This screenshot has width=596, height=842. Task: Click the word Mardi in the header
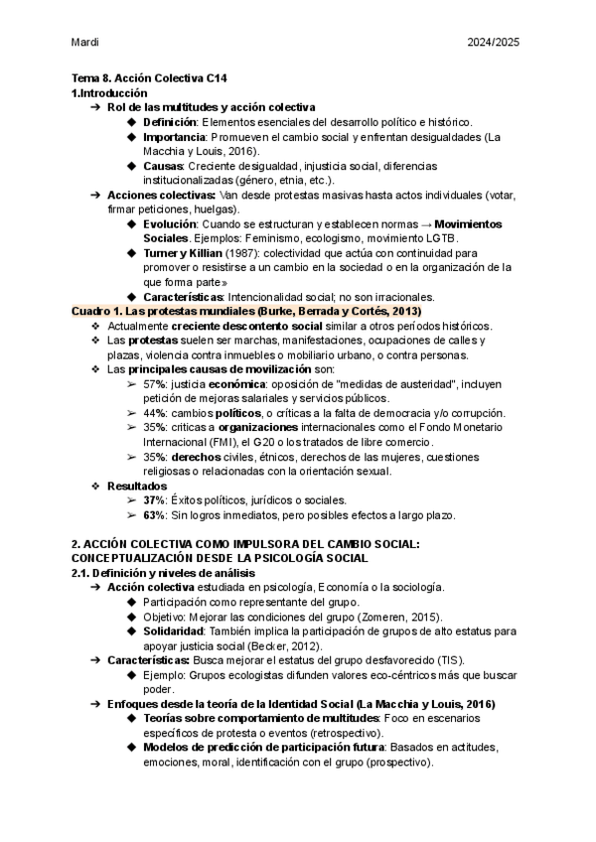coord(85,43)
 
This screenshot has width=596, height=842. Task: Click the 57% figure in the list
coord(154,384)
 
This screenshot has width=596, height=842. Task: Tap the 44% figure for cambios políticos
coord(154,413)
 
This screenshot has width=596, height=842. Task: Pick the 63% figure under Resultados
coord(154,515)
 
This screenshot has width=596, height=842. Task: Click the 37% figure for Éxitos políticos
coord(154,500)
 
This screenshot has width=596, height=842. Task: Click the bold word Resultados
coord(137,486)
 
